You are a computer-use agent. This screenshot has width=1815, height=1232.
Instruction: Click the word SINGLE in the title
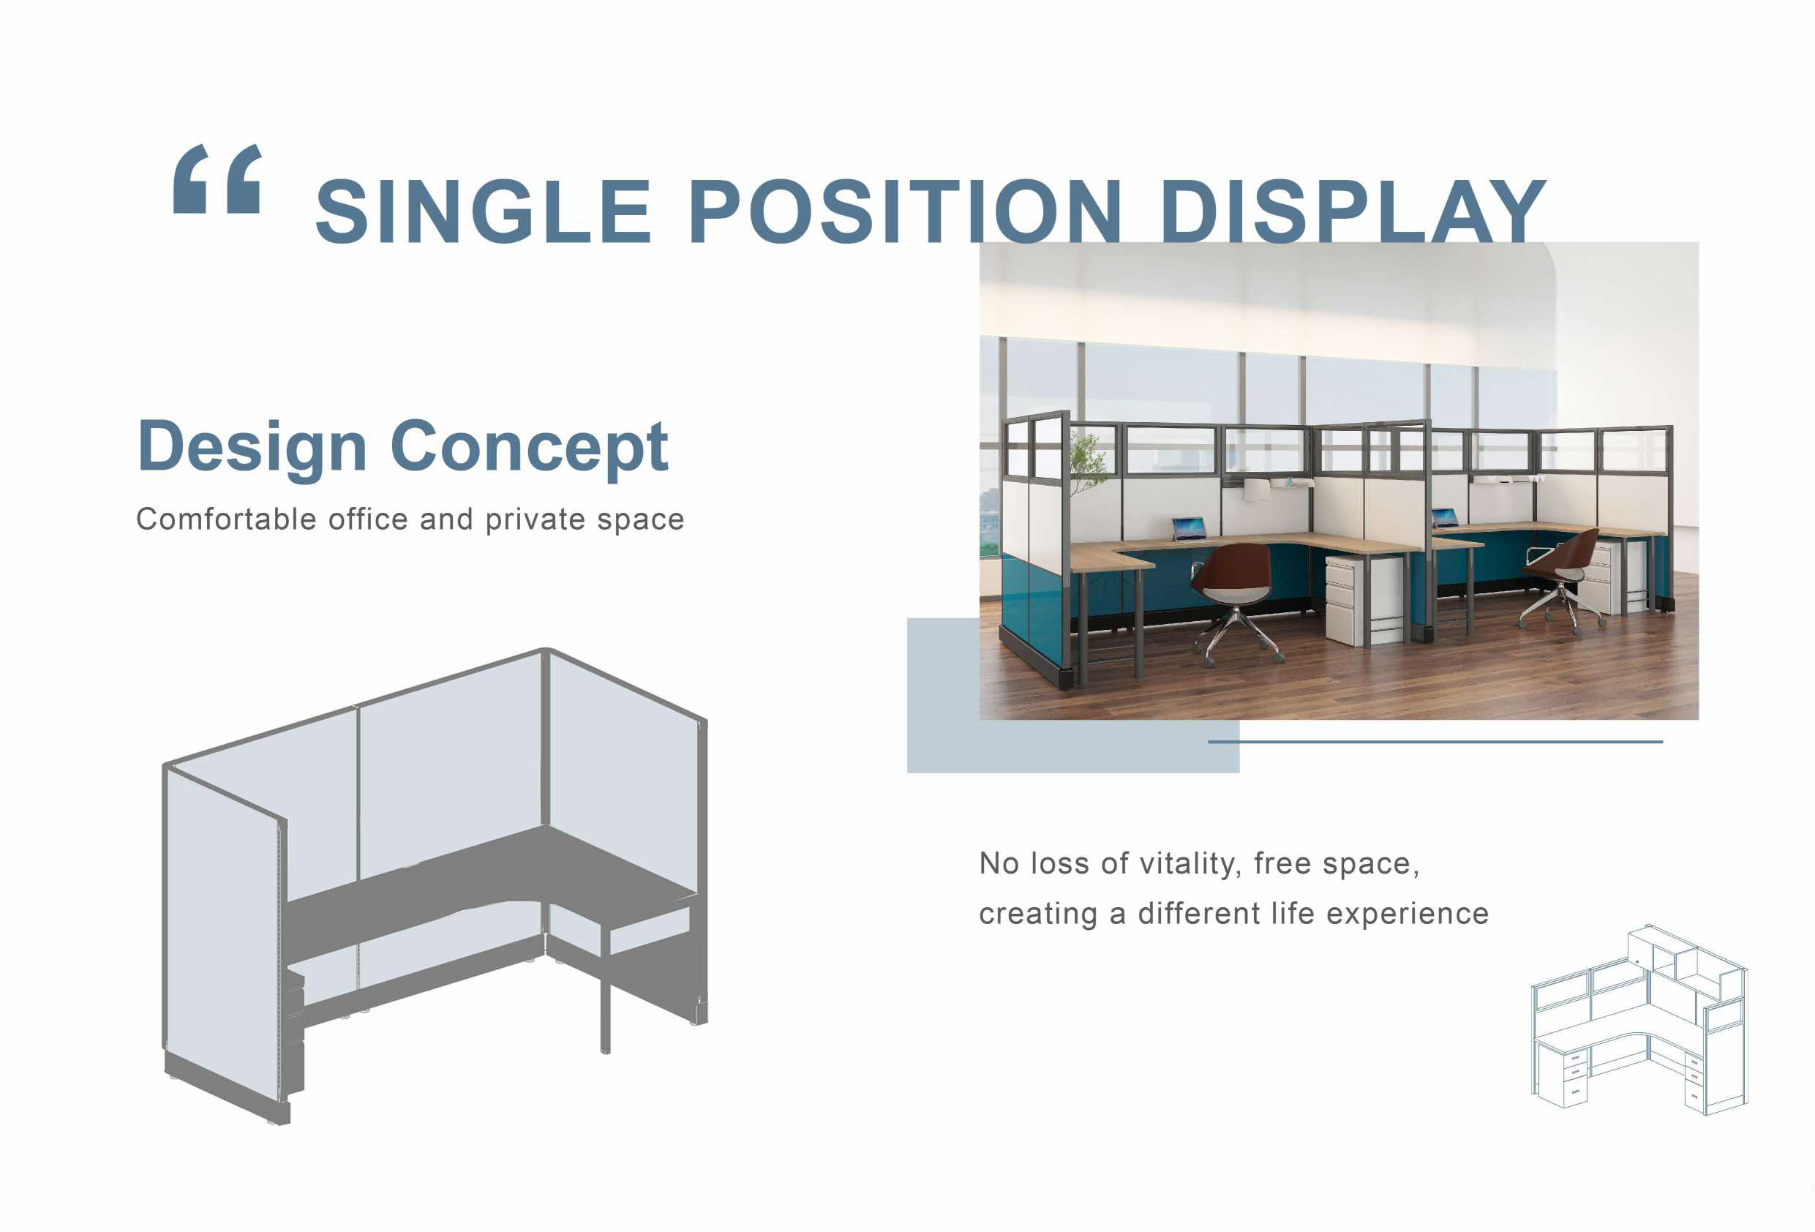coord(484,211)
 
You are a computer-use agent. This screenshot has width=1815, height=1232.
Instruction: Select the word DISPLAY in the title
coord(1353,211)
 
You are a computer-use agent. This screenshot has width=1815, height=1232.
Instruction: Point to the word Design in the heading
coord(252,447)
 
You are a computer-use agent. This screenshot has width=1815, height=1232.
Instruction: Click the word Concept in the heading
coord(530,447)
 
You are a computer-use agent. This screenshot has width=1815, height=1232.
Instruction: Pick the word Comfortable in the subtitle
coord(228,519)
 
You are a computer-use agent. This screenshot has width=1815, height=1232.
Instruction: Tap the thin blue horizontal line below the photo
coord(1435,741)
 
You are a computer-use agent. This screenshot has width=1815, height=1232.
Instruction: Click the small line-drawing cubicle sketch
coord(1640,1020)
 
